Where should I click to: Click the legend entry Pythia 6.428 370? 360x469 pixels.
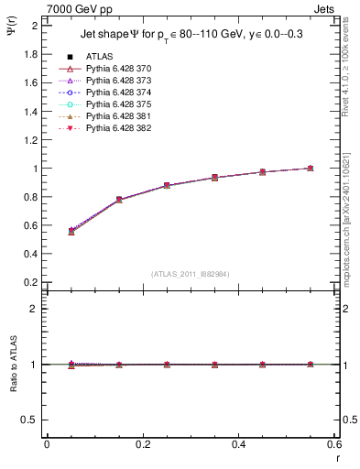click(118, 70)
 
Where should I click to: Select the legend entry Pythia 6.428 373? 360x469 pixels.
click(118, 82)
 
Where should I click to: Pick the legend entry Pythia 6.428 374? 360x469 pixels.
click(118, 93)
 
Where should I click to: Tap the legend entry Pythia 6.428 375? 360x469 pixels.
click(118, 104)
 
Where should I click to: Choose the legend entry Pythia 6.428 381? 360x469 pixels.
click(118, 116)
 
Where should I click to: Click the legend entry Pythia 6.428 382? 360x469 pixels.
click(118, 128)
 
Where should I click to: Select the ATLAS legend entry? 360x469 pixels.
click(98, 58)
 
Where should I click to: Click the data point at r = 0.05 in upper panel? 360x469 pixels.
click(71, 231)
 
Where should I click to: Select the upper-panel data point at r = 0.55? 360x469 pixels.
click(311, 169)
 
